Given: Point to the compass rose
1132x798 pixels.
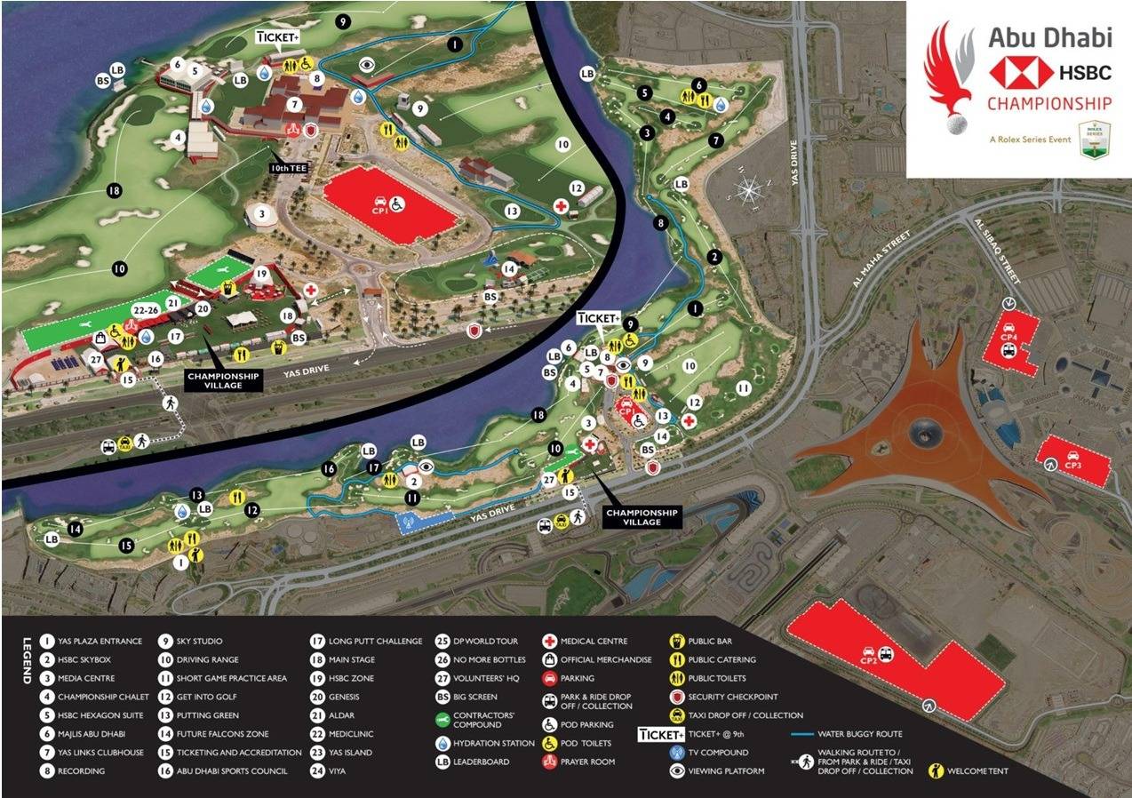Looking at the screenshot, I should tap(749, 189).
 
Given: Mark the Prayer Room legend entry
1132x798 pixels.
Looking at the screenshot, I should tap(586, 762).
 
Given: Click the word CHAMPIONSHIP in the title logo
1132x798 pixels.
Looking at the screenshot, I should tap(1049, 104).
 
